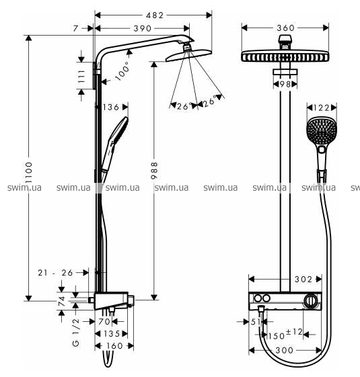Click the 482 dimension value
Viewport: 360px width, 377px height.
[x=155, y=15]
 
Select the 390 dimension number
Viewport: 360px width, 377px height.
[x=143, y=28]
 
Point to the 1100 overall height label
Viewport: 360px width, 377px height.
[x=29, y=173]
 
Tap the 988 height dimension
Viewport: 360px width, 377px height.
[x=154, y=171]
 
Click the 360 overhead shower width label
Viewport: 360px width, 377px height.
[x=285, y=28]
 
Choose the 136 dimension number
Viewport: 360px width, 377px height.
[x=111, y=107]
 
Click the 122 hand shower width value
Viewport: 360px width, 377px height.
[x=321, y=108]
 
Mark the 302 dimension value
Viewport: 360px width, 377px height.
[x=303, y=279]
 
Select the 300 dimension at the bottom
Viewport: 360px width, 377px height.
[x=285, y=350]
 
